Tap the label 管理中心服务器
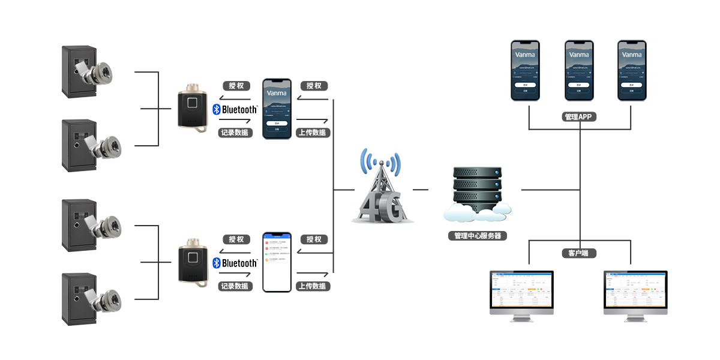point(478,236)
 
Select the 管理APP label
point(578,117)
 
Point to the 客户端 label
point(578,253)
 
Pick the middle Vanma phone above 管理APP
point(579,70)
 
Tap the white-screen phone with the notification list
point(276,262)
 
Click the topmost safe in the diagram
point(79,71)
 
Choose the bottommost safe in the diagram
point(79,298)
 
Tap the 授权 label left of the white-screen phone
point(236,239)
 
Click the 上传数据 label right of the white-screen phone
point(312,286)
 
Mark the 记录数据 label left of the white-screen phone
point(235,286)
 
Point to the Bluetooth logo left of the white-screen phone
point(235,263)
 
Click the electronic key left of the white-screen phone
point(193,262)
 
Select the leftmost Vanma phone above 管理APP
point(526,70)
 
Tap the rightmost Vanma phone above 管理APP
point(632,70)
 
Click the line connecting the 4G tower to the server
point(421,190)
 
